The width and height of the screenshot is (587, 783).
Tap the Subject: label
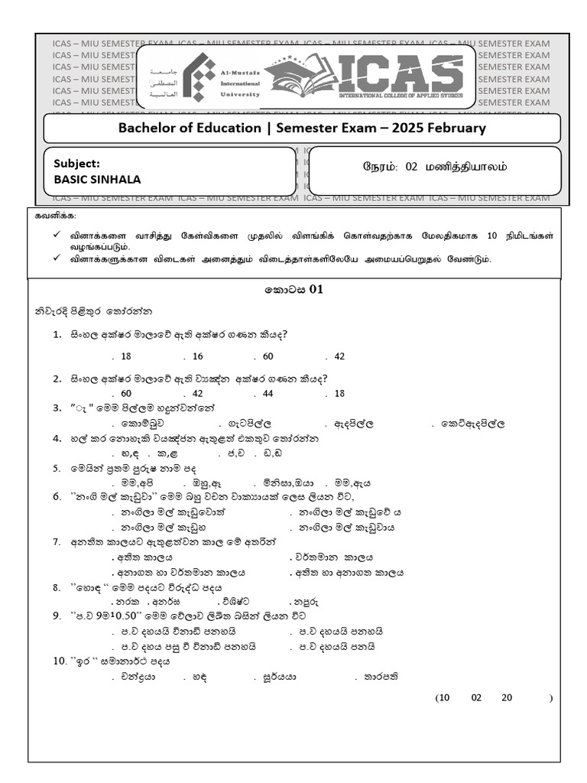(x=76, y=163)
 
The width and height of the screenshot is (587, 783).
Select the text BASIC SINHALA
(x=97, y=180)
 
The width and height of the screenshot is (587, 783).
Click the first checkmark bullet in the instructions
(x=57, y=236)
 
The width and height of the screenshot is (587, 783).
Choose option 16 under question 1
(x=198, y=356)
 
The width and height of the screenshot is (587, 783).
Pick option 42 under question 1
(x=339, y=356)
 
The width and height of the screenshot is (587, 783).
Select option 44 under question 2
(x=268, y=393)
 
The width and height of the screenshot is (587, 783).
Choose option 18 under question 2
(x=339, y=393)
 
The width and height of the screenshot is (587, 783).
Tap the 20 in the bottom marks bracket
(x=507, y=697)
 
